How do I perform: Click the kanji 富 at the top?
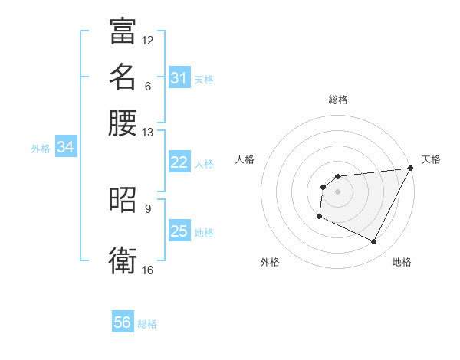coord(123,31)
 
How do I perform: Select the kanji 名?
coord(123,77)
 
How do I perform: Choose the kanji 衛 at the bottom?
coord(123,261)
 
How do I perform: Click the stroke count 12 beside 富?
coord(148,40)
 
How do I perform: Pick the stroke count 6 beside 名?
coord(148,85)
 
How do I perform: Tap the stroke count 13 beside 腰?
coord(148,132)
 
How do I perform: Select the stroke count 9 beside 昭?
coord(148,208)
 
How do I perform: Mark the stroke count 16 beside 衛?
coord(148,270)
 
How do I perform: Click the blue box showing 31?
coord(179,78)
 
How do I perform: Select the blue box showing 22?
coord(179,162)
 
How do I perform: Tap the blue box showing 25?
coord(179,231)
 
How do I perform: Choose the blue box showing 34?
coord(65,148)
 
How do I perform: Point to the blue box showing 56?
coord(123,322)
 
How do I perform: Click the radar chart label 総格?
coord(337,100)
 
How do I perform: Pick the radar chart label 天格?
coord(431,159)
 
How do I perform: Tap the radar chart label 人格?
coord(245,159)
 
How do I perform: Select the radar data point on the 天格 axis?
coord(411,168)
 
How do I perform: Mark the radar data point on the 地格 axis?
coord(374,242)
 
